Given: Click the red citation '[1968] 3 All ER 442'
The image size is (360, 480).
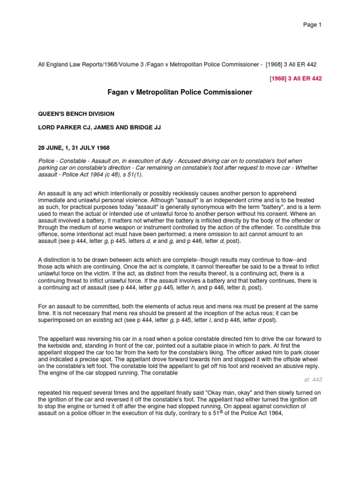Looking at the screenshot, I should click(x=296, y=78).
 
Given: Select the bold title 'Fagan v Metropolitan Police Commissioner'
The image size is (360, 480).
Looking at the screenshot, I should click(x=180, y=93).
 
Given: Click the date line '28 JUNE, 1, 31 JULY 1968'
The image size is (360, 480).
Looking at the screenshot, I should click(x=74, y=148).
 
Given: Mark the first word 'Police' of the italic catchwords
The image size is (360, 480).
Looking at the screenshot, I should click(x=46, y=161).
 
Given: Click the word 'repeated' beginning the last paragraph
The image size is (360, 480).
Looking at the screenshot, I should click(x=50, y=396).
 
